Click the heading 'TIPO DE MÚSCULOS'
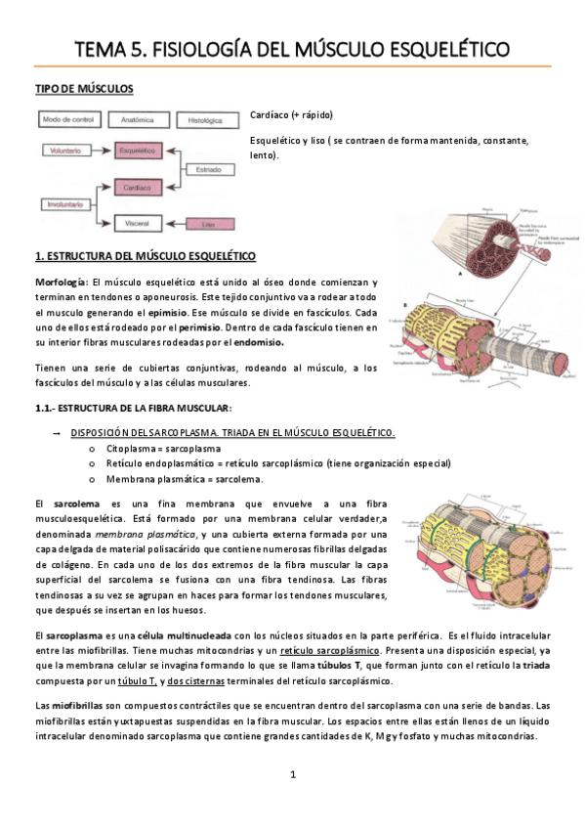(x=84, y=89)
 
